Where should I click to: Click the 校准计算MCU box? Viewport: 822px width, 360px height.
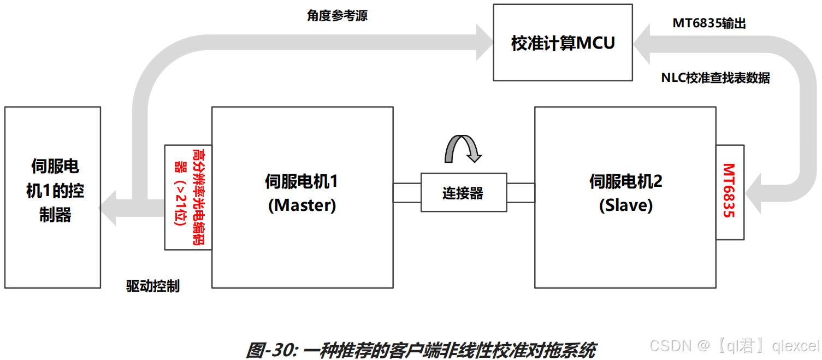pyautogui.click(x=563, y=43)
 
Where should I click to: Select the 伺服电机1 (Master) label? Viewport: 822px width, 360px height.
pyautogui.click(x=301, y=193)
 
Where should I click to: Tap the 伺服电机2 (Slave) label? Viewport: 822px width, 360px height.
pyautogui.click(x=625, y=193)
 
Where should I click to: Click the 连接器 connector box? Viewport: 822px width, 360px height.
pyautogui.click(x=463, y=193)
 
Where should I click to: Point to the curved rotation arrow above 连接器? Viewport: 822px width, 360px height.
pyautogui.click(x=462, y=147)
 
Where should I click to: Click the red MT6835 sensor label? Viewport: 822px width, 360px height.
pyautogui.click(x=729, y=191)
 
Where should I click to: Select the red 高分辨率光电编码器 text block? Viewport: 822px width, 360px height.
pyautogui.click(x=188, y=197)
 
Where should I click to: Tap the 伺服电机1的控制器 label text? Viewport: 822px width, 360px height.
pyautogui.click(x=55, y=191)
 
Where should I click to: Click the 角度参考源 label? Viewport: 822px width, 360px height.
pyautogui.click(x=337, y=16)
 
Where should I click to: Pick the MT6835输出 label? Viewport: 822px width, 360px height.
pyautogui.click(x=709, y=23)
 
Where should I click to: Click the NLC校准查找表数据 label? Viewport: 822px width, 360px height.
pyautogui.click(x=715, y=78)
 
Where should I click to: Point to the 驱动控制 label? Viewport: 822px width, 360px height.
pyautogui.click(x=152, y=286)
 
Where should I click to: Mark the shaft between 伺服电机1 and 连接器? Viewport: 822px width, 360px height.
pyautogui.click(x=407, y=193)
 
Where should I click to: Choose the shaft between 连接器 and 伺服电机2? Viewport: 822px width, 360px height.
pyautogui.click(x=521, y=193)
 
